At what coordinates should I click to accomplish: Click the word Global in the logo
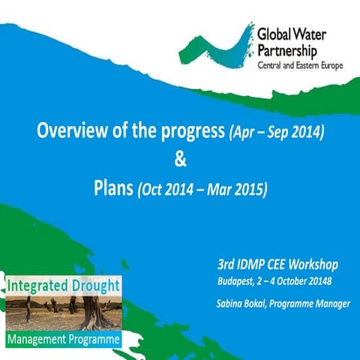(x=274, y=34)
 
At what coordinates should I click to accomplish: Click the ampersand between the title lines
(x=179, y=158)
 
